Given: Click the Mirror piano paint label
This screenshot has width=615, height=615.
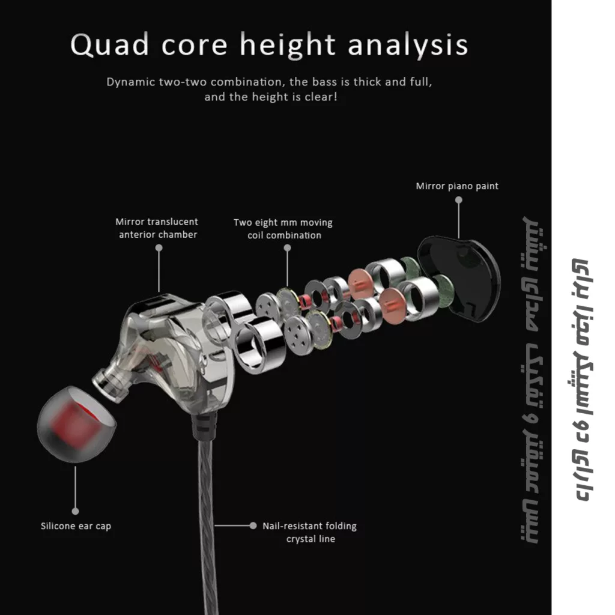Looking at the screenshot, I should tap(457, 186).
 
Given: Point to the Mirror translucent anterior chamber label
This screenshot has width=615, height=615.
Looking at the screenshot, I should tap(157, 228).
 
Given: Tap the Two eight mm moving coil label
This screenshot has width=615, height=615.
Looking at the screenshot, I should tap(283, 229).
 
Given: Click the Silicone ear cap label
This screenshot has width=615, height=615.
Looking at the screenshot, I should tap(76, 526).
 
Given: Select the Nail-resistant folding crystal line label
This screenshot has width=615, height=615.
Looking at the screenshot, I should tap(309, 532).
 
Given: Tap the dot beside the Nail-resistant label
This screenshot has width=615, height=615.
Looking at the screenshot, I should tap(253, 526).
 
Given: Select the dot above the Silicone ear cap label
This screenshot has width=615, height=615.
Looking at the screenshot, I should tap(76, 511).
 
